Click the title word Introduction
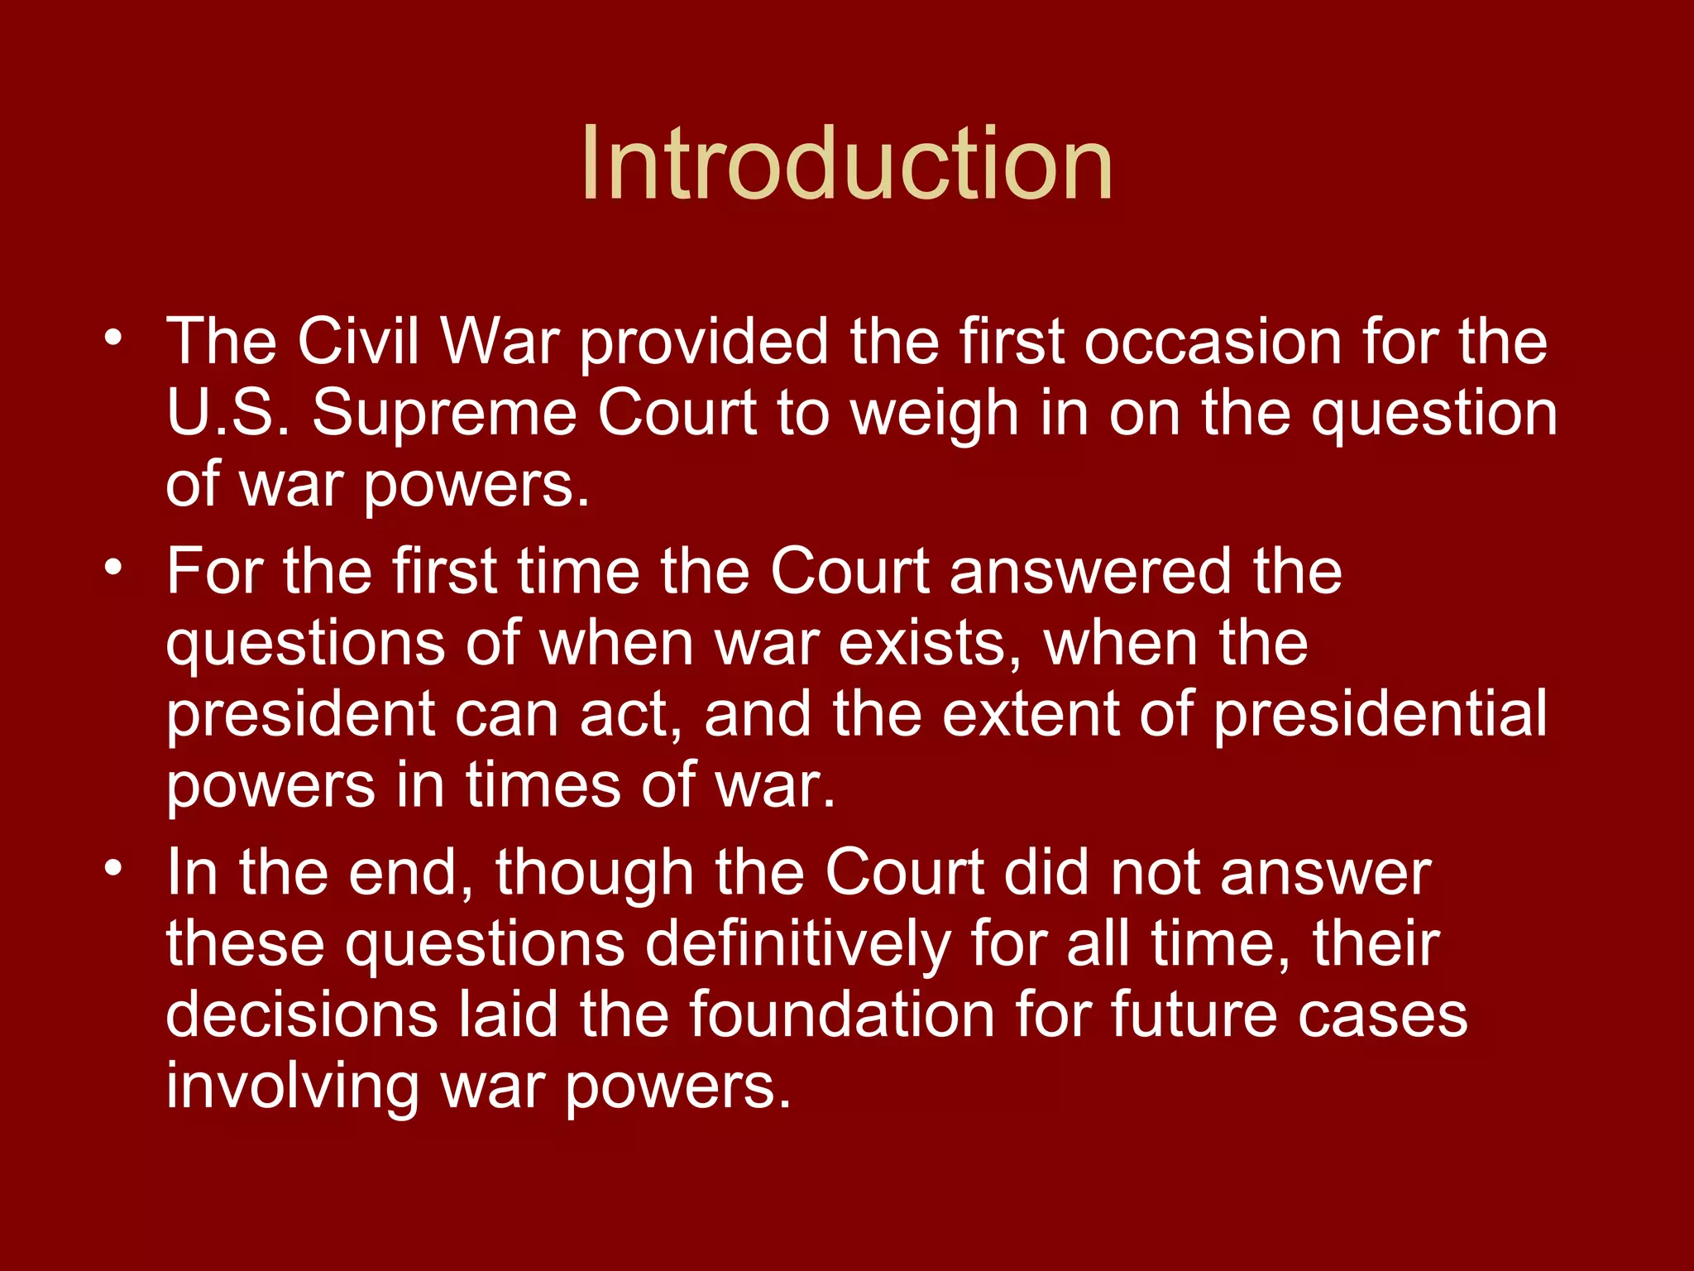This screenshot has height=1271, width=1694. point(846,163)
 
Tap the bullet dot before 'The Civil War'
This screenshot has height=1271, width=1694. point(113,337)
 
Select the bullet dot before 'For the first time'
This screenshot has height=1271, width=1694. point(113,567)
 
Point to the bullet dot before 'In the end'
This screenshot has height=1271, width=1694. point(113,868)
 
